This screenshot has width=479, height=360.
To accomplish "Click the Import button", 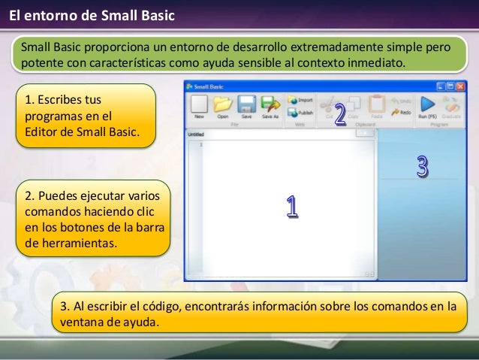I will pyautogui.click(x=300, y=99).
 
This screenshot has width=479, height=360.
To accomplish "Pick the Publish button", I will pyautogui.click(x=300, y=112).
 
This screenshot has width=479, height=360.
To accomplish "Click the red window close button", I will pyautogui.click(x=459, y=87).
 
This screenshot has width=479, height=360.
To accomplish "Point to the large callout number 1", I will pyautogui.click(x=291, y=207).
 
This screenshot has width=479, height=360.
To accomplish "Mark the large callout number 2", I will pyautogui.click(x=339, y=115).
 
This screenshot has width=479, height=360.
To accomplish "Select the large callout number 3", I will pyautogui.click(x=422, y=167).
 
